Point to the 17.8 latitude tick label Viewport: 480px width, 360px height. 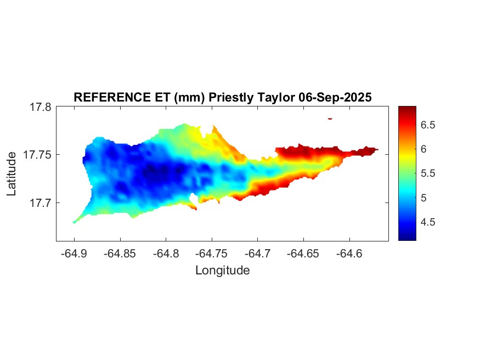pos(40,108)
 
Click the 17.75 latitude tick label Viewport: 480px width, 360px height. pos(37,155)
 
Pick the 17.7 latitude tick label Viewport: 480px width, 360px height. pos(40,203)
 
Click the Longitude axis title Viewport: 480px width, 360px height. pos(222,270)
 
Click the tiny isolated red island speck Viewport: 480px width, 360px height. pos(330,118)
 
